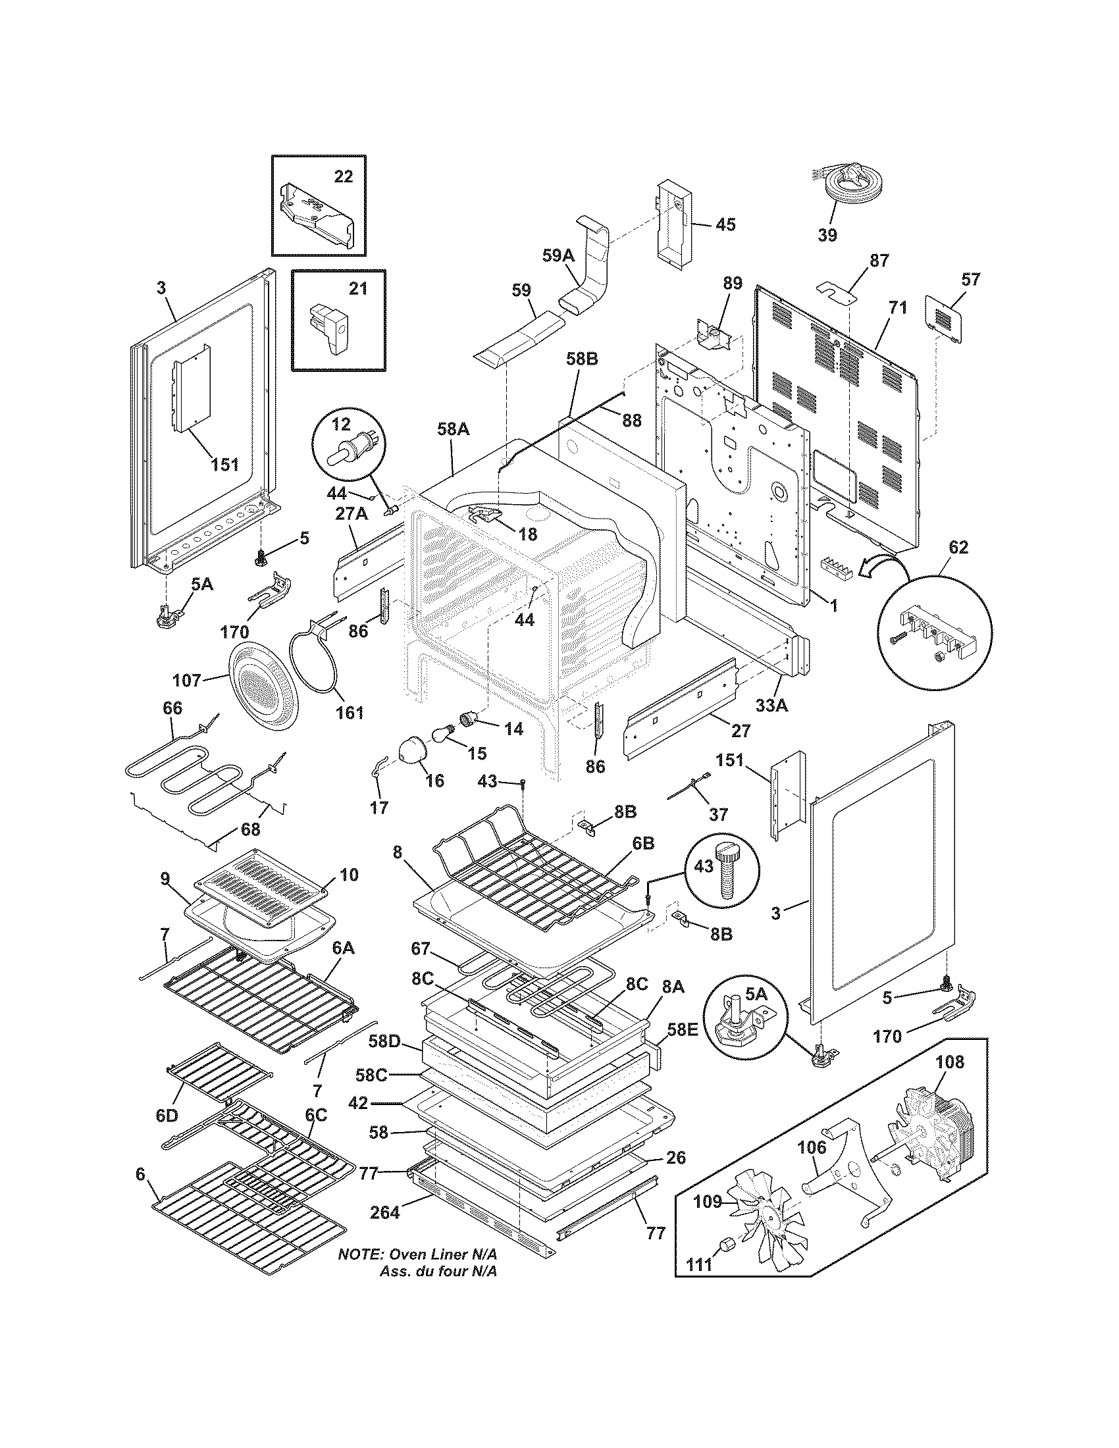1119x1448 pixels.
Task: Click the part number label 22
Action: pos(343,176)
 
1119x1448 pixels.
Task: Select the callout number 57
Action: pos(970,280)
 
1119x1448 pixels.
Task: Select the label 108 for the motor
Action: pos(949,1062)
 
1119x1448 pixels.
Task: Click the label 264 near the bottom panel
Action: pos(385,1212)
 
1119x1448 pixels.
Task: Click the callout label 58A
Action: pos(454,429)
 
